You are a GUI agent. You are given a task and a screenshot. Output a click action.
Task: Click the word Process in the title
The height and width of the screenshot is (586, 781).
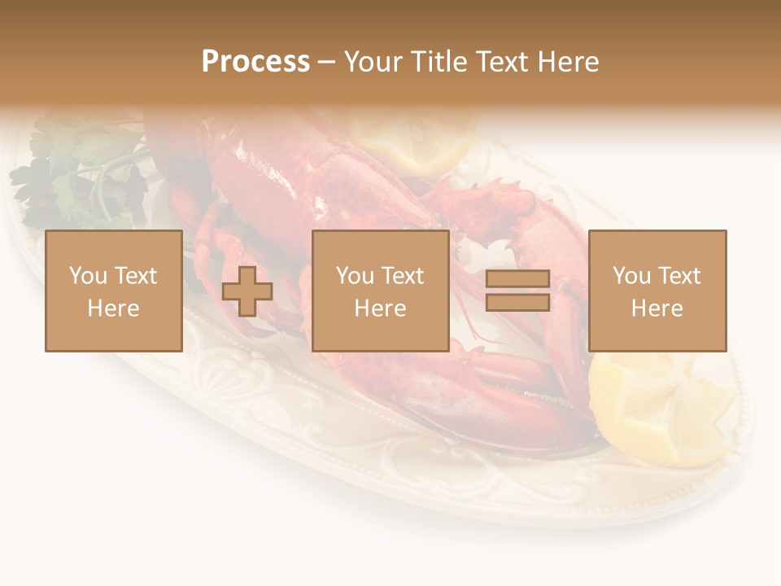[x=255, y=62]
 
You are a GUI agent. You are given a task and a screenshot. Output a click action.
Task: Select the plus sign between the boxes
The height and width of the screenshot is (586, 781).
[x=247, y=291]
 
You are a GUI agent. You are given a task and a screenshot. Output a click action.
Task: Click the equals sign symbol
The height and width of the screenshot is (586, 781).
[x=517, y=291]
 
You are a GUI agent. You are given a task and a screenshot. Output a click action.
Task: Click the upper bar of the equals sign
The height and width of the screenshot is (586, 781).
[x=517, y=279]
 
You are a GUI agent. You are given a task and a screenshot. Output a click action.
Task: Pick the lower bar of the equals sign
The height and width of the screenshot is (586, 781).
[x=517, y=302]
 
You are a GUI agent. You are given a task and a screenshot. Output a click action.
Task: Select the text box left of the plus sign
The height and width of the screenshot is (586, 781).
[x=114, y=291]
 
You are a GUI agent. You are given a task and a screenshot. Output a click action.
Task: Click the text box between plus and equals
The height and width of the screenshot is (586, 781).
[x=380, y=291]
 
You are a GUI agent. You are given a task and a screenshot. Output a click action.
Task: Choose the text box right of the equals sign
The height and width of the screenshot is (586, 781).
[x=657, y=291]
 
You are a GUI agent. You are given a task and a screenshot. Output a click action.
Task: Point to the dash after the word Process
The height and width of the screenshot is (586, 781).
[x=327, y=62]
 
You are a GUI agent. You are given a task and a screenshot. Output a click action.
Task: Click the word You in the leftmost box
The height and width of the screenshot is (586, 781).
[x=88, y=276]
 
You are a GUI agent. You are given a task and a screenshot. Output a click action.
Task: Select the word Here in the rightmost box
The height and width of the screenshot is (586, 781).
[x=657, y=308]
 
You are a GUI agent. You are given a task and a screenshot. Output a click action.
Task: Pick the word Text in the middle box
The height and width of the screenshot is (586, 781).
[x=402, y=276]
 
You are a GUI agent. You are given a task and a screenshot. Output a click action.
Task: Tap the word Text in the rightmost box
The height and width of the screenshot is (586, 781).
[x=679, y=276]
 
